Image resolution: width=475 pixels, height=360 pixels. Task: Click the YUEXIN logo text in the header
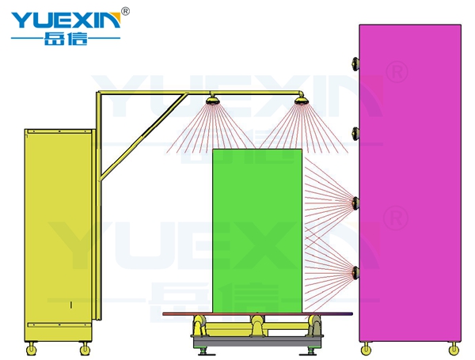(66, 20)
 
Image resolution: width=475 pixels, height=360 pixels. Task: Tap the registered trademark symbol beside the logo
(125, 11)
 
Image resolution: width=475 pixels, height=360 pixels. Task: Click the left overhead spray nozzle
(212, 100)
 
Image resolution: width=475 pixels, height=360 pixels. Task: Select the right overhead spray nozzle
(301, 100)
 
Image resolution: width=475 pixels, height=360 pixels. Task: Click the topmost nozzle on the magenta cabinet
(355, 63)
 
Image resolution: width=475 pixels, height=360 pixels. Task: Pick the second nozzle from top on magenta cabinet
(355, 134)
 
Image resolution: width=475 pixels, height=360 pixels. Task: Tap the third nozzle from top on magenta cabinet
(355, 203)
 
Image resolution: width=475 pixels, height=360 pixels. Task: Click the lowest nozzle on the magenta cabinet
(355, 272)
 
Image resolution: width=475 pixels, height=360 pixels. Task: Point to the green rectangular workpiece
(257, 231)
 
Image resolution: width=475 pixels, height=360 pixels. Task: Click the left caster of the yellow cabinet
(31, 349)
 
